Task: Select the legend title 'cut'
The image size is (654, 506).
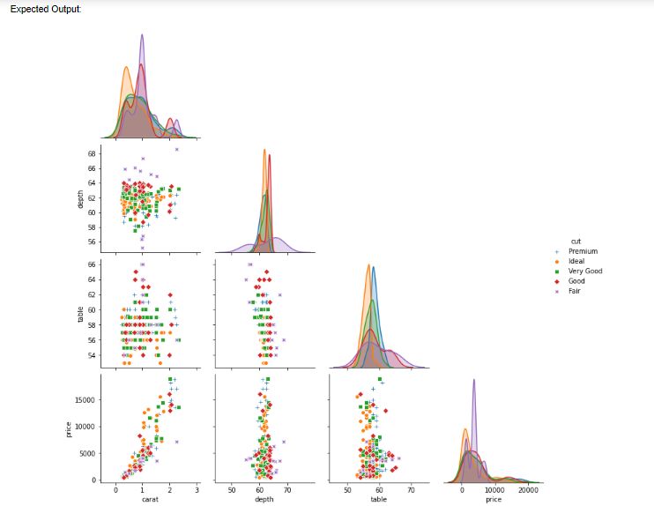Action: click(576, 241)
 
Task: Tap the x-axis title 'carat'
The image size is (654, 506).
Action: click(149, 499)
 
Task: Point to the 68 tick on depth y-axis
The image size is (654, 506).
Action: click(92, 153)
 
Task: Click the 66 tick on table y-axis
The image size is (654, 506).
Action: click(92, 264)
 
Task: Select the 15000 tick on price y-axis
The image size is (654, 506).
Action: click(85, 399)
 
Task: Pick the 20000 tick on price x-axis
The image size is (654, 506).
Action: click(527, 489)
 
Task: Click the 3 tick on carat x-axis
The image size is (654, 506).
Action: click(197, 489)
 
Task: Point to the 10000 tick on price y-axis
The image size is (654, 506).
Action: click(85, 426)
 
